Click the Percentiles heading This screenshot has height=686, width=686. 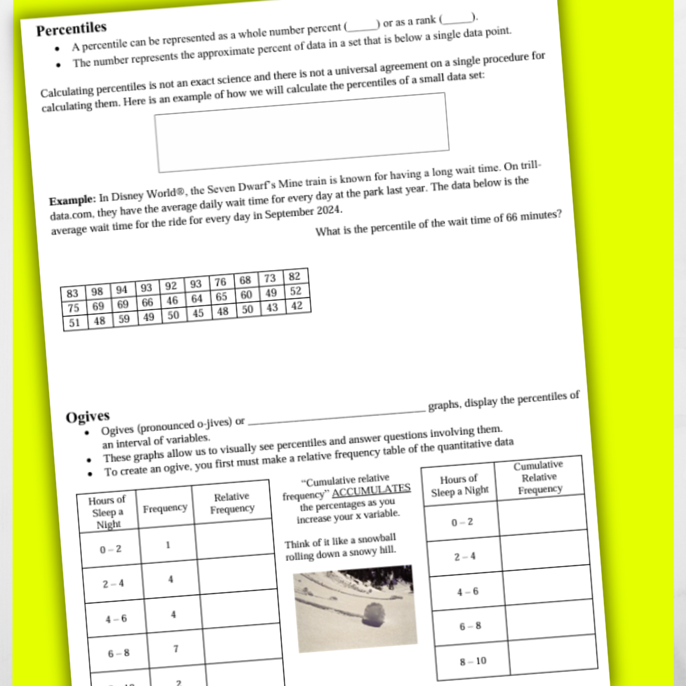tap(71, 29)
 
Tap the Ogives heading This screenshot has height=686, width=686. tap(88, 417)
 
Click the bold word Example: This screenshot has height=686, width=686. tap(72, 199)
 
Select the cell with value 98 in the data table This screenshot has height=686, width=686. tap(97, 291)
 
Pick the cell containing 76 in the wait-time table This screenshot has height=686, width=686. tap(220, 282)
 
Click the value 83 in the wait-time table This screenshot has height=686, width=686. tap(72, 293)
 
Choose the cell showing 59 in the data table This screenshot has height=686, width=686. tap(124, 319)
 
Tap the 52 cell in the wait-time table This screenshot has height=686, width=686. tap(295, 292)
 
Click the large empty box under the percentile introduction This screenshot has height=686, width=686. tap(302, 131)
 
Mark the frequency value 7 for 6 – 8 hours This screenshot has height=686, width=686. tap(176, 649)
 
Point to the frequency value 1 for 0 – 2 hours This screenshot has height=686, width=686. tap(168, 544)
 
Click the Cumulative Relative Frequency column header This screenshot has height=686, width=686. tap(539, 478)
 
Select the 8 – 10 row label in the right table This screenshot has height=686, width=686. tap(473, 661)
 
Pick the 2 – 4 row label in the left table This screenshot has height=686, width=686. tap(113, 584)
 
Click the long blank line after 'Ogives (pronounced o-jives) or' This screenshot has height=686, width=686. tap(337, 415)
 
